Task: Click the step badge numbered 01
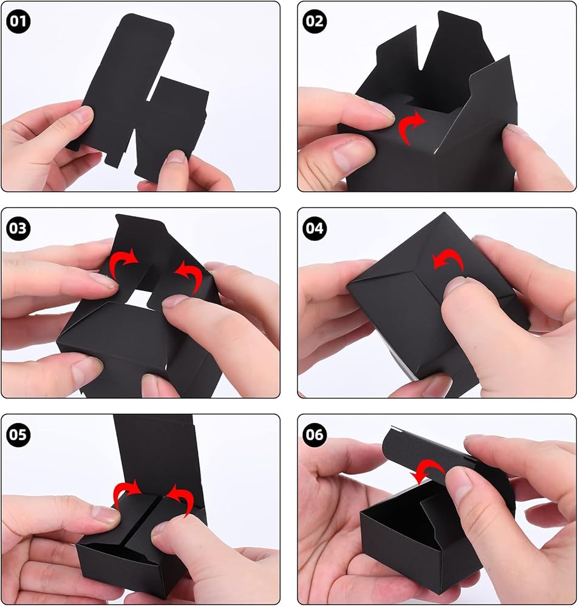18,21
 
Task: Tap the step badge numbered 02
314,21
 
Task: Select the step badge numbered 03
18,228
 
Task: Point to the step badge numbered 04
314,228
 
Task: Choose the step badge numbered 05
18,434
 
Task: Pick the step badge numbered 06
314,434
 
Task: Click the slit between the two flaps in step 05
143,521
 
